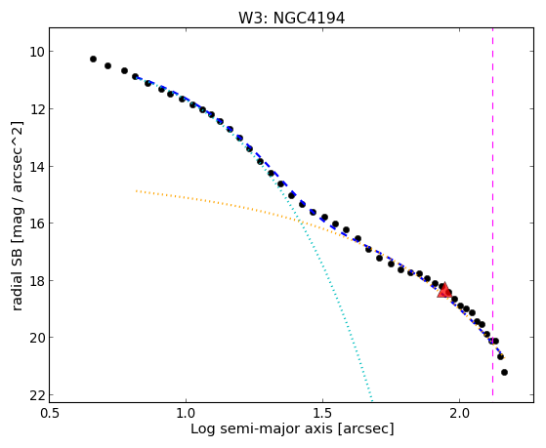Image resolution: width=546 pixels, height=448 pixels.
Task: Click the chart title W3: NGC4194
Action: click(291, 18)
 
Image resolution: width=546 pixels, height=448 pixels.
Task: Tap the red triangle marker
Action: click(444, 291)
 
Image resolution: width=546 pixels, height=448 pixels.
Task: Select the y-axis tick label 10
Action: click(36, 52)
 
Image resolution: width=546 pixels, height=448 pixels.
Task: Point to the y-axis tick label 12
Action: click(36, 109)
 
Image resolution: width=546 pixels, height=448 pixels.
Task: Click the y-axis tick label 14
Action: click(36, 166)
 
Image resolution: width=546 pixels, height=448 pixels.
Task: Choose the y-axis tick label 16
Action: click(36, 224)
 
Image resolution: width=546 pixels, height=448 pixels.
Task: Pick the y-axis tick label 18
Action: click(36, 280)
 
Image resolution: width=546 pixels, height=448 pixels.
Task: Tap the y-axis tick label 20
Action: click(36, 338)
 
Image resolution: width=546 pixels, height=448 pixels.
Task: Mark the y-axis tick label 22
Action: click(36, 395)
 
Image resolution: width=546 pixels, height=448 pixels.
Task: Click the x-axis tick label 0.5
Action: click(50, 414)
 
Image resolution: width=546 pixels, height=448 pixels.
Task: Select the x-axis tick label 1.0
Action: click(186, 414)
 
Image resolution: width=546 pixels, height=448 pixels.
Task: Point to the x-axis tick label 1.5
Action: click(322, 414)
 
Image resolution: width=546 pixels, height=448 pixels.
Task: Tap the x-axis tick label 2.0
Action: click(460, 414)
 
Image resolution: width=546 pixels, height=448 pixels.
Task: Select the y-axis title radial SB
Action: click(17, 277)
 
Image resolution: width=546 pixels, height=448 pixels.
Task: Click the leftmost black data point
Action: click(93, 60)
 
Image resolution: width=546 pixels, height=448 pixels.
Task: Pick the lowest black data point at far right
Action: click(504, 373)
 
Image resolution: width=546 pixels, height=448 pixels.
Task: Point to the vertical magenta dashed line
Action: click(492, 212)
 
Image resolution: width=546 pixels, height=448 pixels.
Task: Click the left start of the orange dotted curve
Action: click(137, 190)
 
